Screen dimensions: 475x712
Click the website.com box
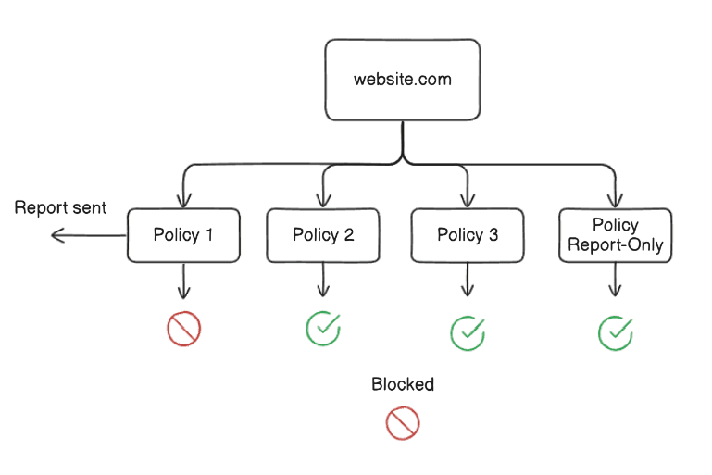(x=402, y=80)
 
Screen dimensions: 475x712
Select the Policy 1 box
(x=183, y=234)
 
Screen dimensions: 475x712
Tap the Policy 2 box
(x=323, y=234)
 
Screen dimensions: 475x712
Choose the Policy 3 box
(x=468, y=234)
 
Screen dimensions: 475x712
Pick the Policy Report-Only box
(x=616, y=235)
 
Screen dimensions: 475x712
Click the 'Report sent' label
(x=60, y=207)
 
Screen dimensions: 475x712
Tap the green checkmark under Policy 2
(x=323, y=329)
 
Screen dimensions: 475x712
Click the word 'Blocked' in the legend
(x=403, y=384)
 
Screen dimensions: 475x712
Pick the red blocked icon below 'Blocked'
(x=403, y=423)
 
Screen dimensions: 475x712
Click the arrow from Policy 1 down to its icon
(x=183, y=281)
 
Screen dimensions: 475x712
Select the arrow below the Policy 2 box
(x=323, y=281)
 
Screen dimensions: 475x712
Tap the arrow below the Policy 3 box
(x=468, y=281)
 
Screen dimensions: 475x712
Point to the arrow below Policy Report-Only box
(x=616, y=281)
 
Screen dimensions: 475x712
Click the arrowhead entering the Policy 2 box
(x=323, y=200)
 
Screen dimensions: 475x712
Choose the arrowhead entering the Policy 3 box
(x=468, y=200)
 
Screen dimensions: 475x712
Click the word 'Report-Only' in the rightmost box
(x=616, y=245)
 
